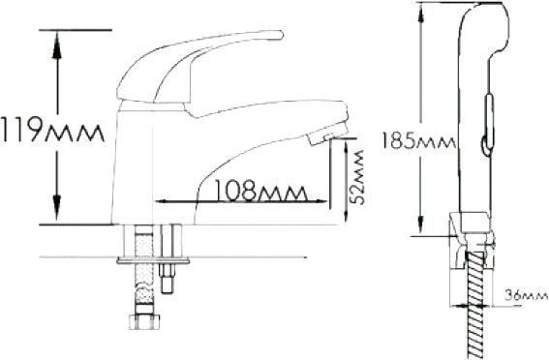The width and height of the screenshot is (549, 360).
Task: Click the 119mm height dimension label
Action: coord(52,130)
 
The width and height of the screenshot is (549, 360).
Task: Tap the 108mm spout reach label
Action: coord(261,191)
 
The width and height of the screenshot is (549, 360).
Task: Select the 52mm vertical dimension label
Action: coord(358,177)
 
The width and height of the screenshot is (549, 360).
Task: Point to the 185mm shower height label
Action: coord(418,140)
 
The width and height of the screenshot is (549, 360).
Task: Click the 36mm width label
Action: coord(526,296)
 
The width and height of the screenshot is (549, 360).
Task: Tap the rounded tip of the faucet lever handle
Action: coord(279,35)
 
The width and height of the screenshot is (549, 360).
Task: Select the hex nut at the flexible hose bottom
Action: coord(144,322)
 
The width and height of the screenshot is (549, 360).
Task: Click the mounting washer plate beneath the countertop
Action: coord(153,260)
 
